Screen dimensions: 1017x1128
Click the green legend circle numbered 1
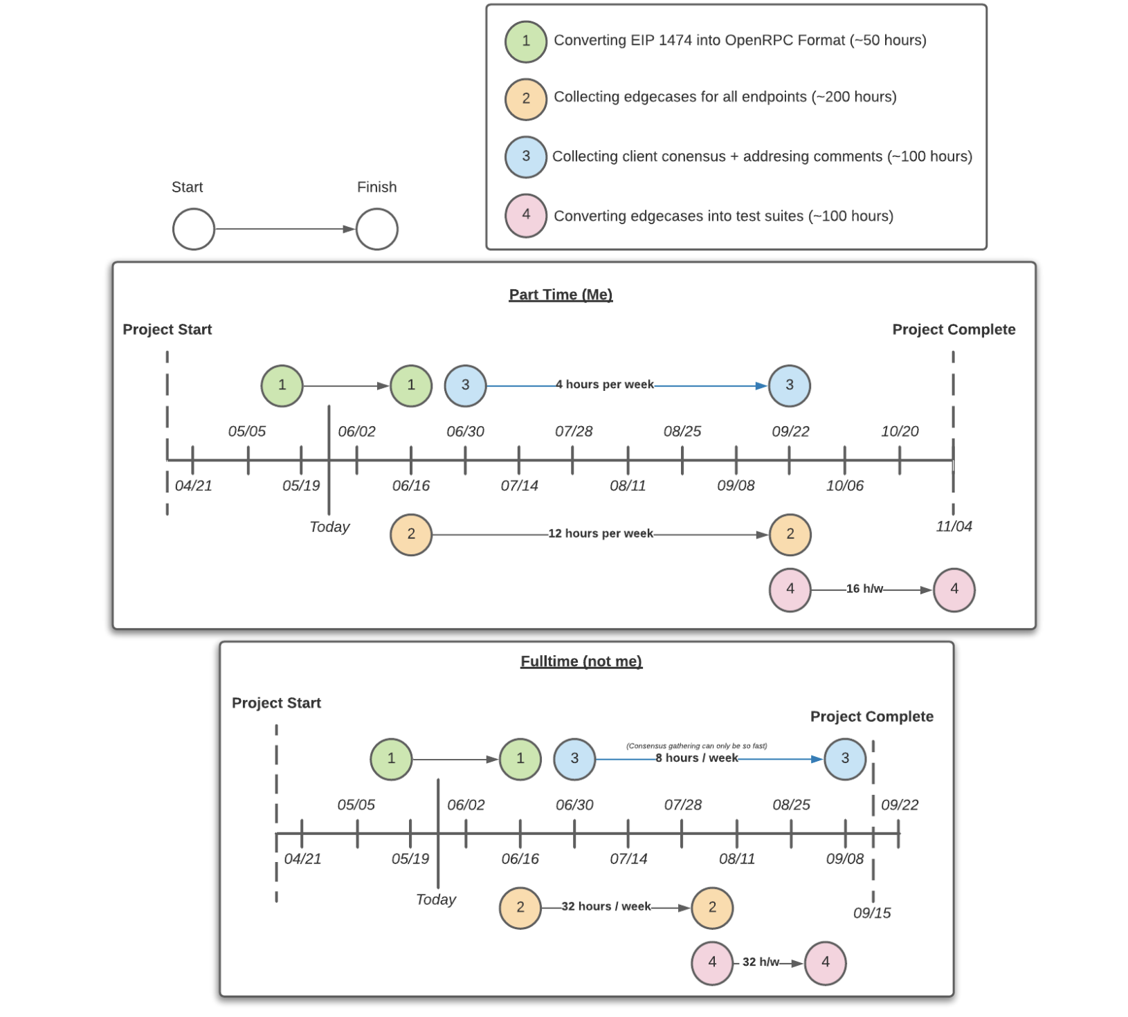point(525,42)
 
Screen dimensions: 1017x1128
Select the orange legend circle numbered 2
point(525,99)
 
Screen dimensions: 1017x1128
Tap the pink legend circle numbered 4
point(525,215)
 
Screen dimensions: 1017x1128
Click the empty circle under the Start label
point(193,229)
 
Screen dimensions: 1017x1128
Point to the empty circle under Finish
point(376,229)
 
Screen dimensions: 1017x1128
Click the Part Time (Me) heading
point(561,295)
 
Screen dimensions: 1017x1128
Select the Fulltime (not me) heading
point(581,661)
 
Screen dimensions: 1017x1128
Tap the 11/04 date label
point(954,526)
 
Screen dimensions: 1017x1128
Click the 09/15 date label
point(872,913)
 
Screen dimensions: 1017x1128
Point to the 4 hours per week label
point(604,385)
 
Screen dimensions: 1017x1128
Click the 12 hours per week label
point(600,533)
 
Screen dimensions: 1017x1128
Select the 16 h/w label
point(864,589)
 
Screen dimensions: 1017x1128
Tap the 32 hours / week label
point(606,906)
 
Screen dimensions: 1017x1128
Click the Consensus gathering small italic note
point(696,746)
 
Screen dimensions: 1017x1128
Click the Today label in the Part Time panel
point(329,527)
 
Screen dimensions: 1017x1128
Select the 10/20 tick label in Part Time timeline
point(900,432)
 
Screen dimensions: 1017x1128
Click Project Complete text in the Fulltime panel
point(871,717)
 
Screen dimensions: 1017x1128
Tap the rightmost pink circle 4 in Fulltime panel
point(825,962)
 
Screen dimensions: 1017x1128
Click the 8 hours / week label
point(696,758)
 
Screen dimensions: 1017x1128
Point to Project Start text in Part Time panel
point(167,330)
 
